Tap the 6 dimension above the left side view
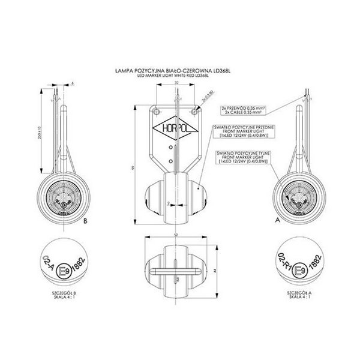[x=71, y=83]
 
